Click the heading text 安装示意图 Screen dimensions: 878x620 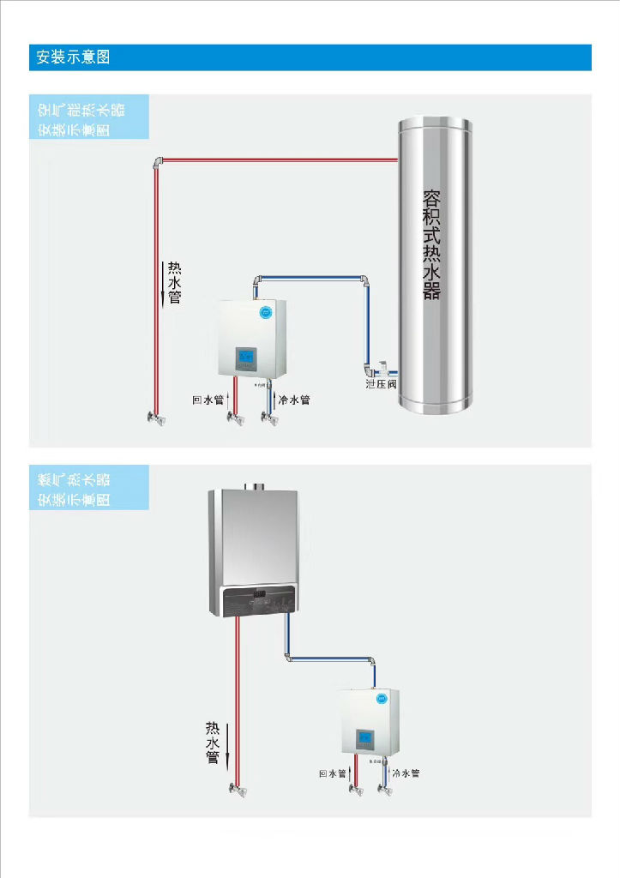click(73, 58)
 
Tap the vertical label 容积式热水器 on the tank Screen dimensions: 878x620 click(432, 244)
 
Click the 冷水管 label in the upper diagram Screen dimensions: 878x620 click(294, 400)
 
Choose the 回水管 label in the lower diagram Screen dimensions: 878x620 click(332, 773)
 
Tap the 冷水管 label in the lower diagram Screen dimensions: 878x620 click(406, 773)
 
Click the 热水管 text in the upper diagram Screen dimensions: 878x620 click(175, 283)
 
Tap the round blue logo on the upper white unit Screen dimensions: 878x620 click(264, 312)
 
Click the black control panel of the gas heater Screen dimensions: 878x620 click(257, 601)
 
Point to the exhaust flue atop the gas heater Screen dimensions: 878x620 click(254, 486)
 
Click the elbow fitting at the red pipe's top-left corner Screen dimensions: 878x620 click(158, 161)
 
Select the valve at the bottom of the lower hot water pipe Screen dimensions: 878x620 click(237, 788)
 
